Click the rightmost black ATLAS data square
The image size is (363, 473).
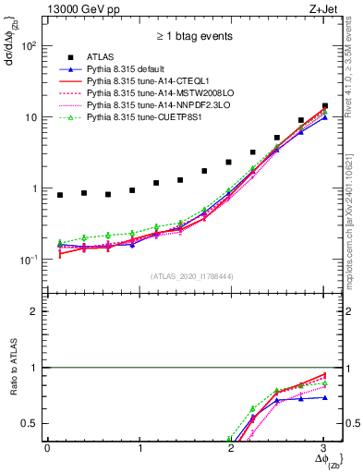click(324, 106)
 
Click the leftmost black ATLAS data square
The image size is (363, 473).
click(60, 195)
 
